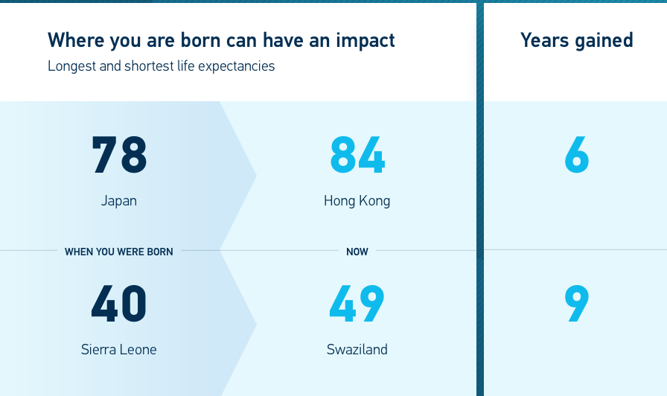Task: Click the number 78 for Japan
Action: coord(119,155)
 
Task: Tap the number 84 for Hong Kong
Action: coord(357,155)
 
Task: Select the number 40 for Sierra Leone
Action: coord(119,304)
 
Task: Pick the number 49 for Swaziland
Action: coord(357,304)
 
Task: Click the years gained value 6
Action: coord(577,155)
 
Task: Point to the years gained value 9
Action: coord(577,304)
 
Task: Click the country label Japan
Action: coord(119,201)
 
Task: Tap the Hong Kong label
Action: coord(357,201)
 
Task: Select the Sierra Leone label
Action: coord(118,350)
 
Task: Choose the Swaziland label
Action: coord(357,350)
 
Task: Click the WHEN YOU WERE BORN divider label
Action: coord(118,252)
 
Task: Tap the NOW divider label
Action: coord(357,252)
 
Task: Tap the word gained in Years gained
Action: coord(604,41)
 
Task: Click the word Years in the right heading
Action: coord(544,40)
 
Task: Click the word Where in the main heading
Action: coord(76,40)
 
